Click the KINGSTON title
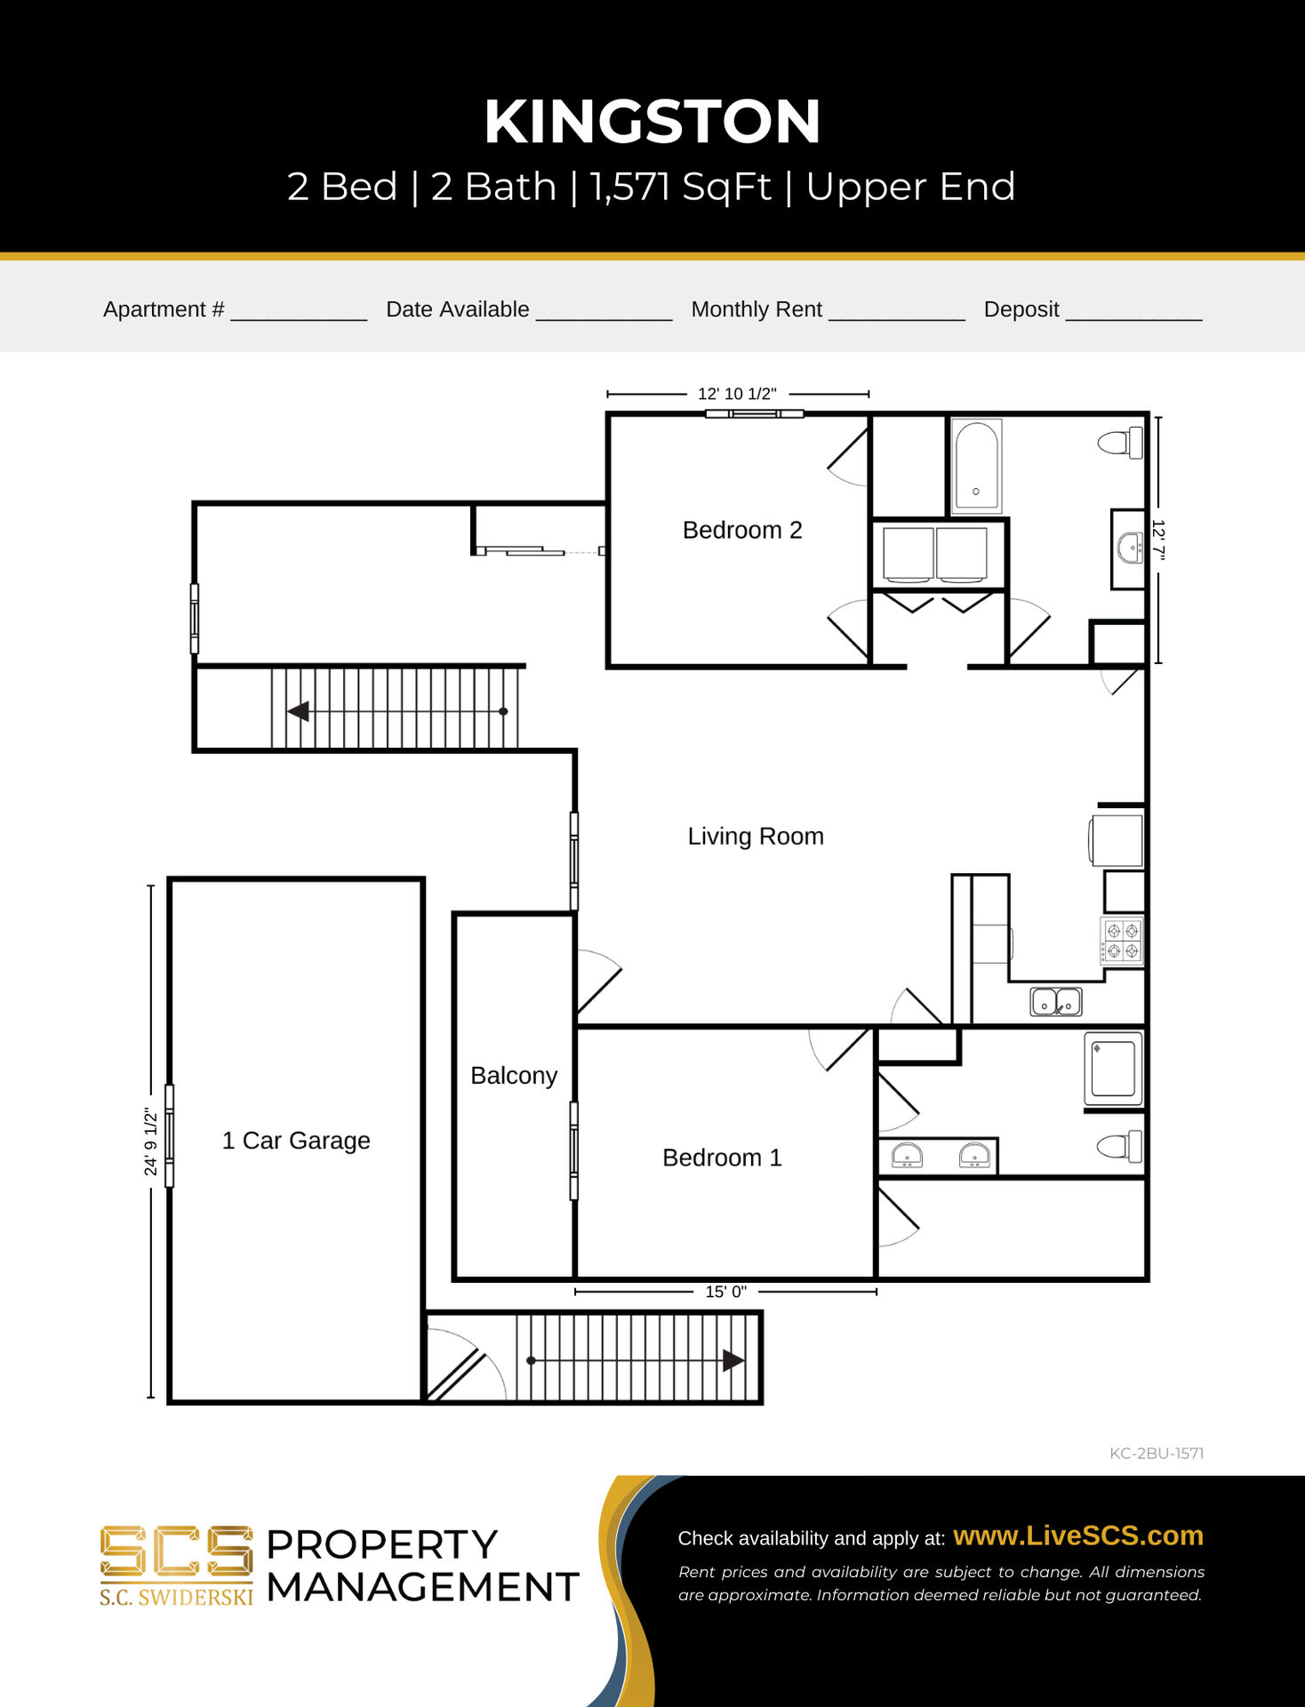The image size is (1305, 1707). (x=652, y=122)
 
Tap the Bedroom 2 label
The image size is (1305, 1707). (x=742, y=530)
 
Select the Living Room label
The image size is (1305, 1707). (x=756, y=837)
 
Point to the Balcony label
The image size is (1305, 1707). (x=514, y=1076)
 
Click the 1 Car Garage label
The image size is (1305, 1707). (x=296, y=1141)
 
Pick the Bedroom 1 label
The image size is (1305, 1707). (x=722, y=1158)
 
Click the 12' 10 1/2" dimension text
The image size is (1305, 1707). (x=737, y=394)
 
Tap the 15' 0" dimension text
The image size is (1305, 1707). (x=725, y=1292)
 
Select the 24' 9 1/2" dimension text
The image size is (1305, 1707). (x=151, y=1142)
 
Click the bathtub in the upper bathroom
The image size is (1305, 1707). (x=976, y=467)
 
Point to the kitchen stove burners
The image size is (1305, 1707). (x=1122, y=942)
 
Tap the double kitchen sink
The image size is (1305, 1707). (x=1056, y=1002)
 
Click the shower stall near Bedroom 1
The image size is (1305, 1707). (x=1113, y=1069)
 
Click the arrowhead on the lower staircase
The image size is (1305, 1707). (x=733, y=1360)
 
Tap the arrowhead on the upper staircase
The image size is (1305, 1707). (x=298, y=711)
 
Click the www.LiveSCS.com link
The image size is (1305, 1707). (x=1078, y=1535)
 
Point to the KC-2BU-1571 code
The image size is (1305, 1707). (x=1157, y=1454)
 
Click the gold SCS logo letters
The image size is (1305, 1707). (x=176, y=1552)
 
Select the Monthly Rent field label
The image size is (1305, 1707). (x=757, y=309)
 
